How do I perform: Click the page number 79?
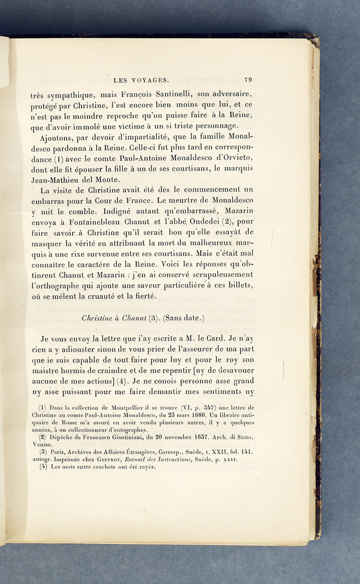click(248, 80)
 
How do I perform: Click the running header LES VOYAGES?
click(141, 81)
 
